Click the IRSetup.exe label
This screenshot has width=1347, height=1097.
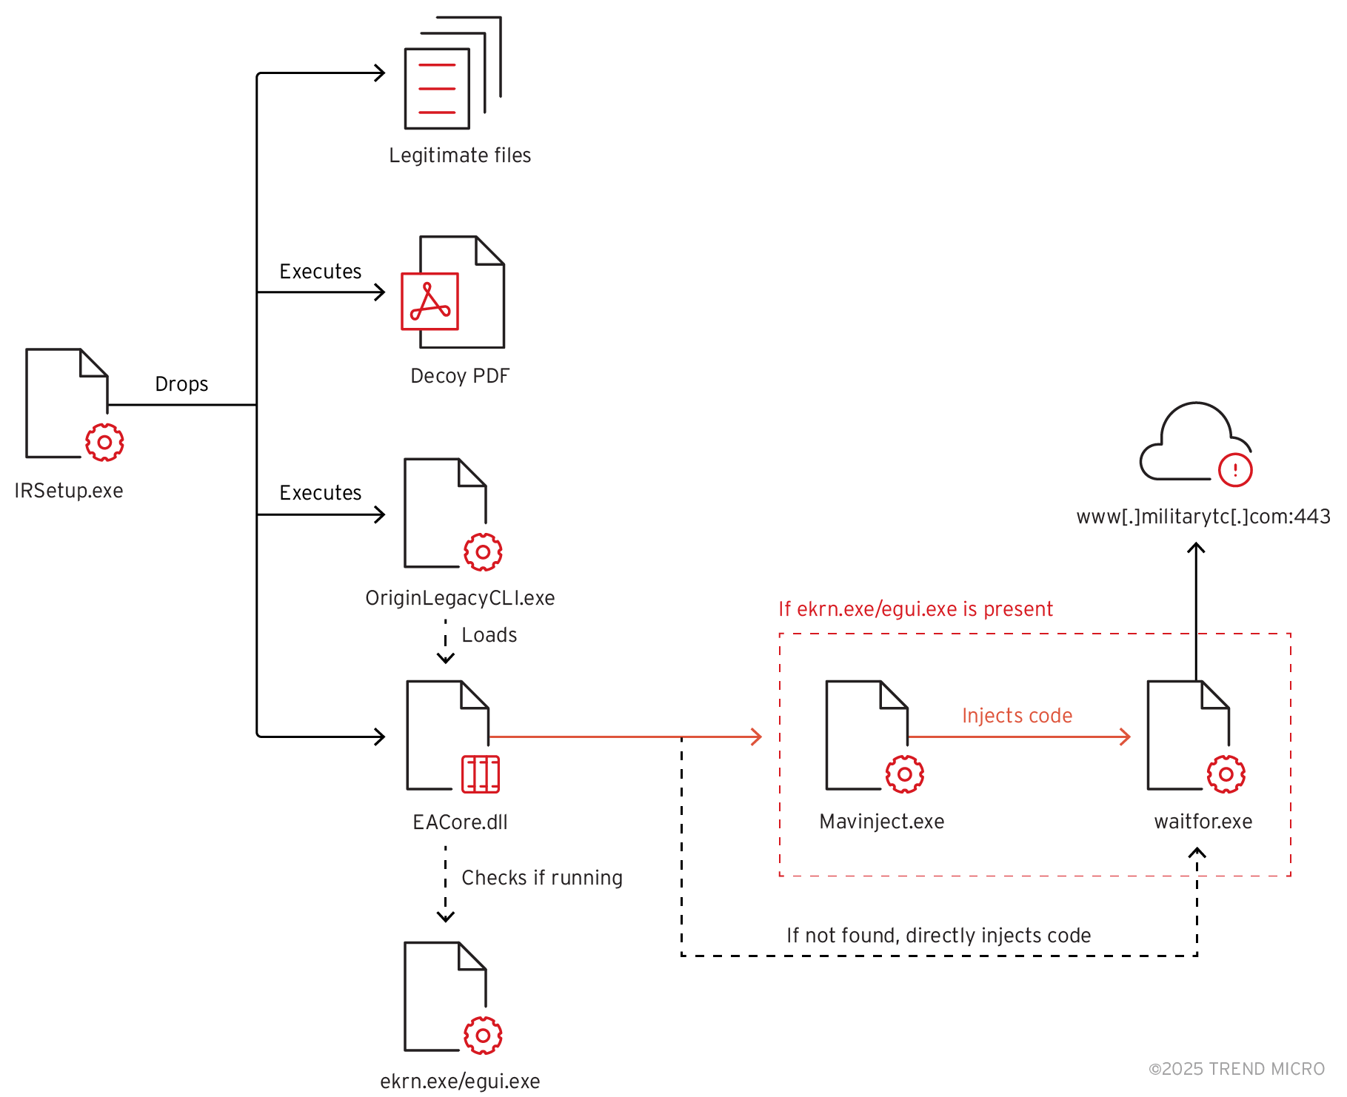click(69, 491)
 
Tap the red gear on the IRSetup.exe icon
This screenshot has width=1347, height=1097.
click(104, 443)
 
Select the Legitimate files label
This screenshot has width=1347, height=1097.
click(460, 155)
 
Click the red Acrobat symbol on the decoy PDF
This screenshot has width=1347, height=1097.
click(429, 301)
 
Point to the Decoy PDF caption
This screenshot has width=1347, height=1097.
click(460, 376)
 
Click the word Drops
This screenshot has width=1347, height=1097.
click(181, 384)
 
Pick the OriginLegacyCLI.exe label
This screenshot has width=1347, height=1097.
click(460, 598)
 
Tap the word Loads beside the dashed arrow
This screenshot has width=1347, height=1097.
click(489, 635)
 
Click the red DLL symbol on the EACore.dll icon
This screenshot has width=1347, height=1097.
click(481, 774)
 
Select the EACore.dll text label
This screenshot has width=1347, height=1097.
click(460, 822)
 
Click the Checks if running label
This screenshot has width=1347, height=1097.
click(541, 878)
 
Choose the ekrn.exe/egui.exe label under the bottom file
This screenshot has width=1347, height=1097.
click(460, 1081)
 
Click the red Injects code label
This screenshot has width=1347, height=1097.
click(1017, 716)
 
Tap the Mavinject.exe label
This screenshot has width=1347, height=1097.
click(881, 822)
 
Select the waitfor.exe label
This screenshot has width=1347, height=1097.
click(1203, 822)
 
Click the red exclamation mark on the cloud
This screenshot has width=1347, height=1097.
click(1234, 469)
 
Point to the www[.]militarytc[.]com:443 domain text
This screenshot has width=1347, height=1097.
click(1203, 517)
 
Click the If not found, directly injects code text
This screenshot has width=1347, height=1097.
click(938, 936)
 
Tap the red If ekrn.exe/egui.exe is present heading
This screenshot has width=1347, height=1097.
click(915, 609)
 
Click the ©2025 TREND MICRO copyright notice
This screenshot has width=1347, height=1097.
click(1236, 1069)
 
